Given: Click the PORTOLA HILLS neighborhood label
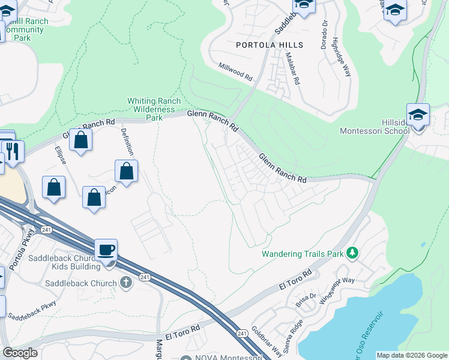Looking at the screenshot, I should (270, 45).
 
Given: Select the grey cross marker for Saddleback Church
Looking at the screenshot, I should (125, 283).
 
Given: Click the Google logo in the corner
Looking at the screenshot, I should (20, 353).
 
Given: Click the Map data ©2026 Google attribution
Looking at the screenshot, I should (412, 355).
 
